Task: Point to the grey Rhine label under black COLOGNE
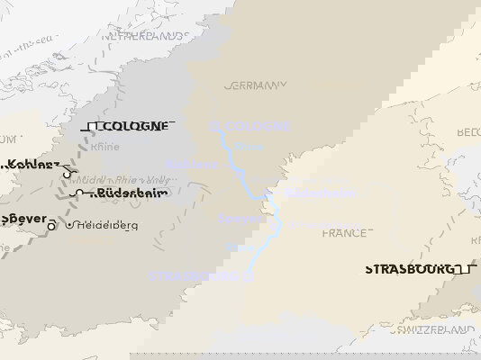pos(105,147)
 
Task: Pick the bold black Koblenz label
pos(34,165)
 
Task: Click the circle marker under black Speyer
pos(52,226)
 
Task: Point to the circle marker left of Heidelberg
pos(69,224)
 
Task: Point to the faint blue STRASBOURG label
pos(193,275)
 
